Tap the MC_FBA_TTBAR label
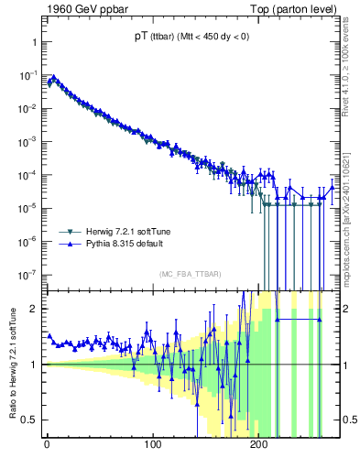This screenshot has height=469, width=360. tap(188, 275)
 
